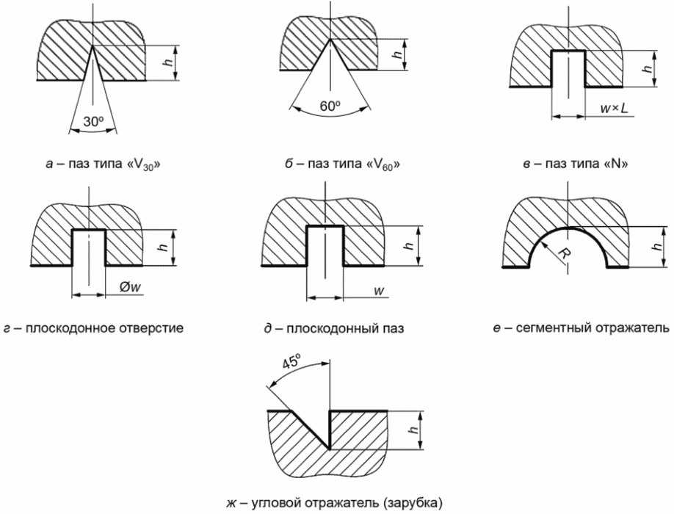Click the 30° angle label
(93, 122)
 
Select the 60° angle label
(330, 106)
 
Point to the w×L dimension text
(614, 109)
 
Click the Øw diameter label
(130, 288)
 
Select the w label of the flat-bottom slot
(379, 291)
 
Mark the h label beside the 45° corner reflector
(413, 430)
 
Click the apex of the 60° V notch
(330, 39)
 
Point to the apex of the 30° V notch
(92, 46)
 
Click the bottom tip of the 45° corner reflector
(329, 449)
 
